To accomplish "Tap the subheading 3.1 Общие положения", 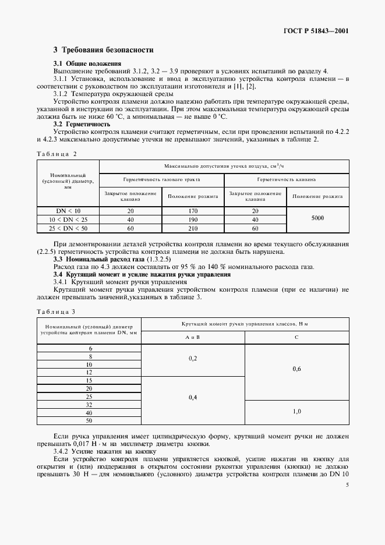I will tap(87, 63).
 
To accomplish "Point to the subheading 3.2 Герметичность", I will tap(82, 124).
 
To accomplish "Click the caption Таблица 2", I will tap(56, 153).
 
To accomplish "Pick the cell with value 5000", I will tap(318, 218).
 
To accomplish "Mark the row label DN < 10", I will tap(68, 210).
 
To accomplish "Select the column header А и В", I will tap(193, 337).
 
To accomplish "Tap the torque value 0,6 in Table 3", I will tap(296, 368).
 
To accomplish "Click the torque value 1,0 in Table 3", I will tap(296, 411).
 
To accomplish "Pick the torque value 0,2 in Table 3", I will tap(193, 359).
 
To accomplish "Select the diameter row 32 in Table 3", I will tap(89, 404).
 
